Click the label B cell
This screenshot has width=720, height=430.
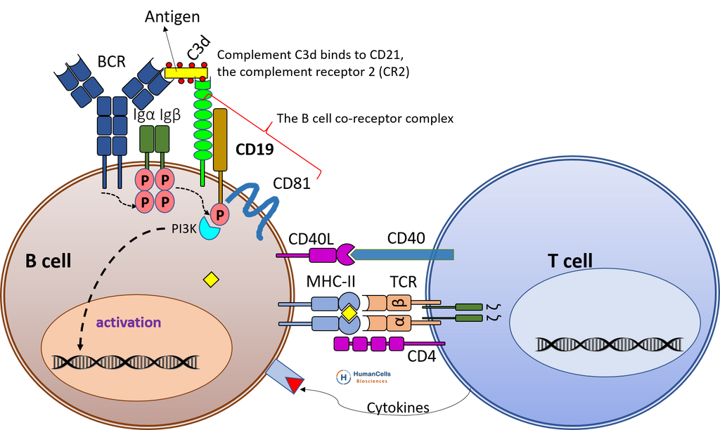(49, 261)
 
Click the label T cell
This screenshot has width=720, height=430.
(570, 261)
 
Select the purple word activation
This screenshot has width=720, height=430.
(129, 322)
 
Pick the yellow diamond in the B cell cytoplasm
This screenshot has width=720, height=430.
(211, 280)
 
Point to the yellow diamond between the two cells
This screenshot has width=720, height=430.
(349, 313)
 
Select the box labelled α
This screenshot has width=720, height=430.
(398, 323)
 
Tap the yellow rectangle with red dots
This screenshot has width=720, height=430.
(186, 72)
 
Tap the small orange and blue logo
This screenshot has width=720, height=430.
(362, 377)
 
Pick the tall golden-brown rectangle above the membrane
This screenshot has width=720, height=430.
(220, 139)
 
